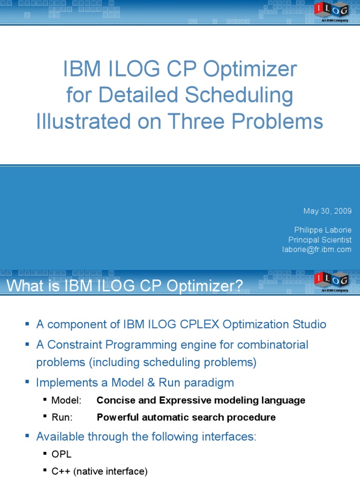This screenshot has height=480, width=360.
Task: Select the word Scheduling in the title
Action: point(239,96)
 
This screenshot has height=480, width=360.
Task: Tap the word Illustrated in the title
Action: point(78,121)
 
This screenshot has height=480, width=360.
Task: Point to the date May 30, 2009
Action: point(327,211)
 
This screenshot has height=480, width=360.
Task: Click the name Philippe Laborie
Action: point(322,230)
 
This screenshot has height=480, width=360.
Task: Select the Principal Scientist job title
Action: point(320,240)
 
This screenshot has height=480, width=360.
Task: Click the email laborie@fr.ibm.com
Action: point(316,249)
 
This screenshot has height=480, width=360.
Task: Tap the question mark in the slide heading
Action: point(239,286)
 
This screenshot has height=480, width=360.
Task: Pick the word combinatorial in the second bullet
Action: point(273,345)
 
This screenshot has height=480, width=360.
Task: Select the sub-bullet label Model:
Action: point(66,400)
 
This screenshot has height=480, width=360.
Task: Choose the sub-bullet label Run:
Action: point(62,417)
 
